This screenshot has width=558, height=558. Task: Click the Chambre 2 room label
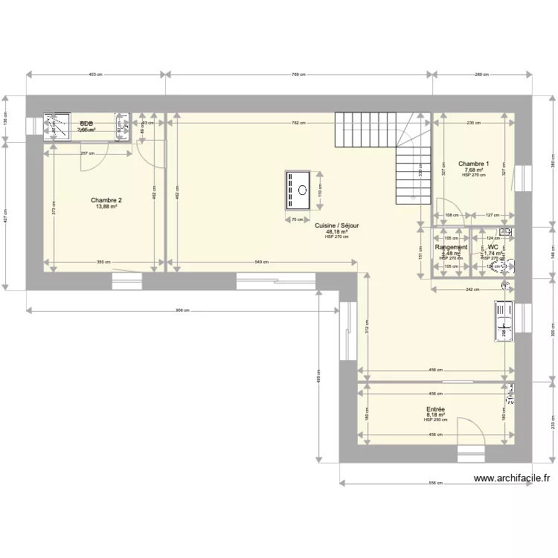(106, 200)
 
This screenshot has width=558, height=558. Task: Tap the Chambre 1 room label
(473, 164)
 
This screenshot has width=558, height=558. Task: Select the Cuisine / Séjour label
(337, 225)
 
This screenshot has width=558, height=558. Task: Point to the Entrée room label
(436, 409)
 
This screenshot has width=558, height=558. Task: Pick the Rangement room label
(451, 247)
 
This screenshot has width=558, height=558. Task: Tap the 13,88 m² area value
(106, 207)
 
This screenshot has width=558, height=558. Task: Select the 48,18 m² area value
(337, 231)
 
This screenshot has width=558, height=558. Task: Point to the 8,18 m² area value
(436, 415)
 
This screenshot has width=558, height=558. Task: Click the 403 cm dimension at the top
(95, 74)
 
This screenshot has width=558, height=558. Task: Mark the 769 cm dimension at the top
(299, 74)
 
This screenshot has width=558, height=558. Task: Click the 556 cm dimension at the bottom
(436, 483)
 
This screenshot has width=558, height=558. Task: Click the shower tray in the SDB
(55, 126)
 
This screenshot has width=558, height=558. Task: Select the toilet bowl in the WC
(503, 264)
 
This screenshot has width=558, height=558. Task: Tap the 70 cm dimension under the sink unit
(298, 220)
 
